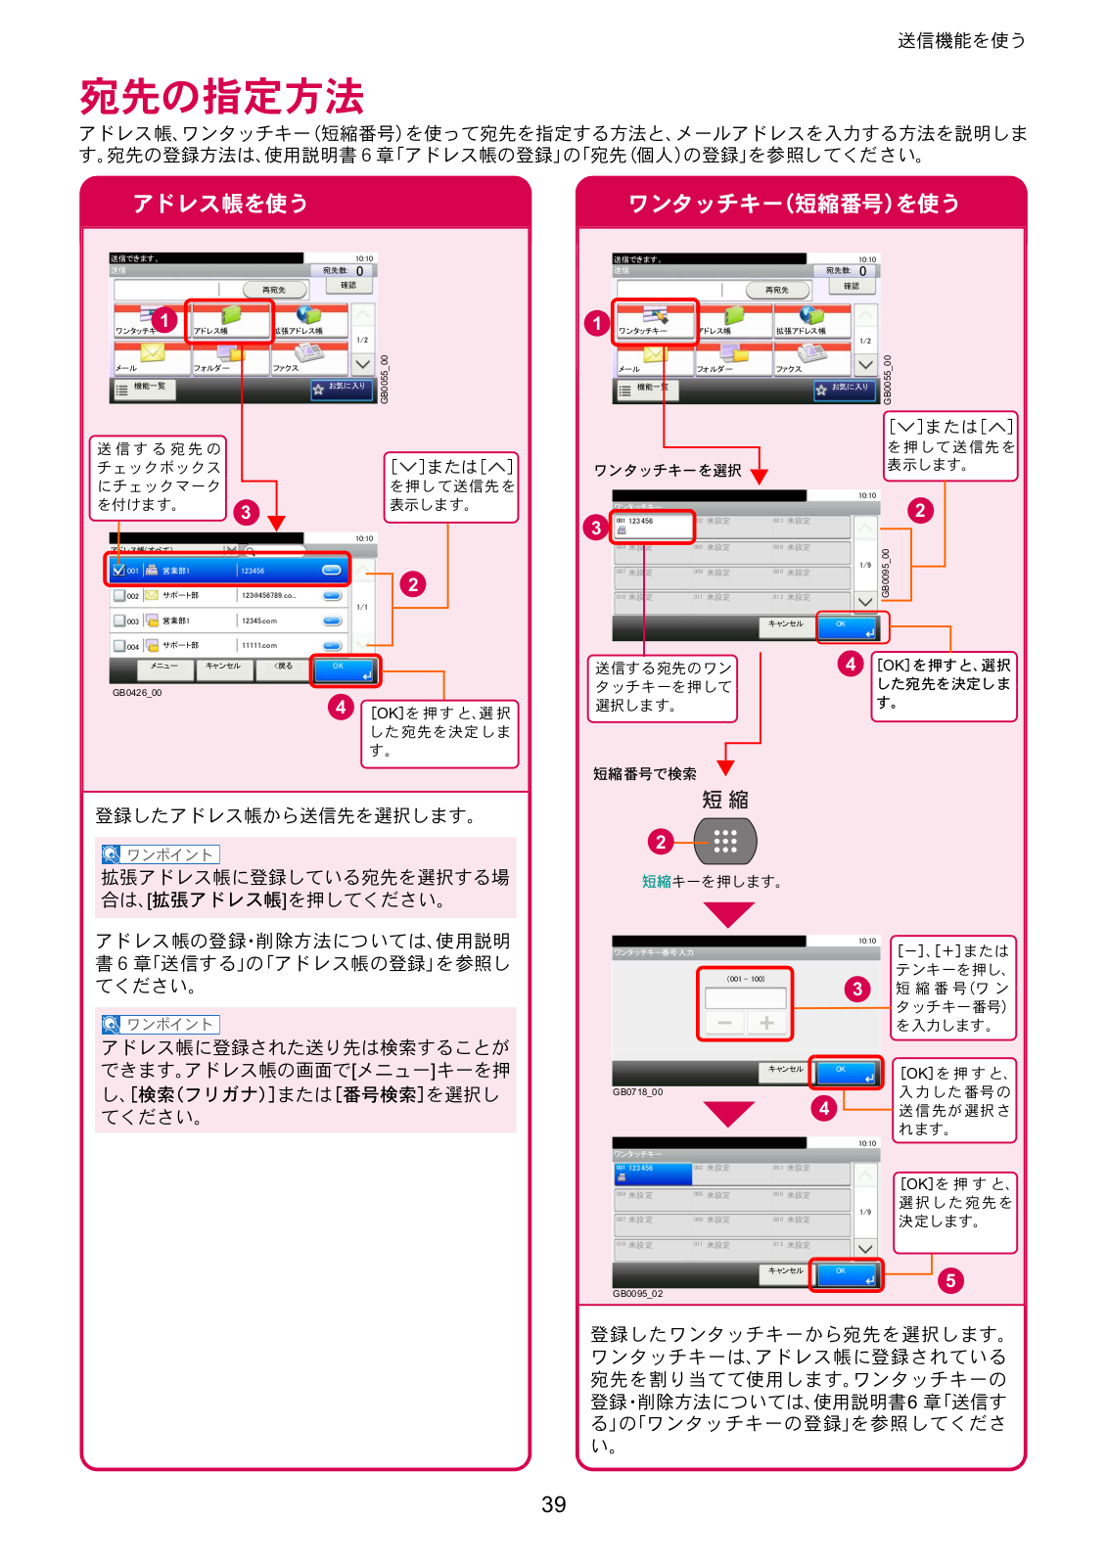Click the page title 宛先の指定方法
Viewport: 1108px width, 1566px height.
coord(222,97)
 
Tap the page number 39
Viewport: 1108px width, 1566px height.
coord(553,1504)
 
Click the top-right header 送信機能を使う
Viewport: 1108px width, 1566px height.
coord(961,40)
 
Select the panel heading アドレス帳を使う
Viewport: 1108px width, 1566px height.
coord(220,204)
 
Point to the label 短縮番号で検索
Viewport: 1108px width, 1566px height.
coord(645,773)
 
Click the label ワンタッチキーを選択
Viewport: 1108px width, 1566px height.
coord(668,470)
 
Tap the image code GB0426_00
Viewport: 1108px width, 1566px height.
coord(137,693)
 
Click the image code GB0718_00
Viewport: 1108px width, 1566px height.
coord(637,1092)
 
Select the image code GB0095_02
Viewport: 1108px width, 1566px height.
coord(637,1294)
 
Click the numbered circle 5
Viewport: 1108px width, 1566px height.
coord(949,1280)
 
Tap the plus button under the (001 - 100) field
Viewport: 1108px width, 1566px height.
coord(766,1023)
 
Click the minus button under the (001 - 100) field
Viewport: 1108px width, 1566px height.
coord(725,1023)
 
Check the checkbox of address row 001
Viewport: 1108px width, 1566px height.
coord(118,570)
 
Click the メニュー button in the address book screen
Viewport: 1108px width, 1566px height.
coord(164,667)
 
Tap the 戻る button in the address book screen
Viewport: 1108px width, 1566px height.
coord(282,667)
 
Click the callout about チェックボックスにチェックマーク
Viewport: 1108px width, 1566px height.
coord(159,478)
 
